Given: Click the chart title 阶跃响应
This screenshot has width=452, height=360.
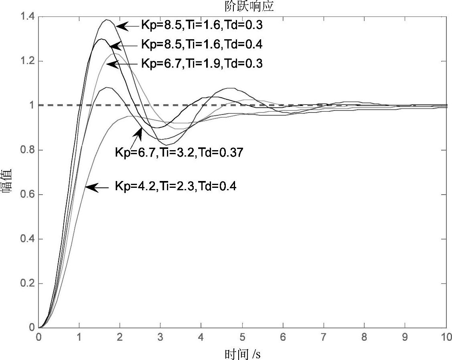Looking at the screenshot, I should [249, 7].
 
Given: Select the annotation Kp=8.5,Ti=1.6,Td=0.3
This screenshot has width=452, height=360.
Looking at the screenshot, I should [201, 25].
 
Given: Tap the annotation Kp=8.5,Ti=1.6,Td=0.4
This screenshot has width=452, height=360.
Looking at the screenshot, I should [201, 44].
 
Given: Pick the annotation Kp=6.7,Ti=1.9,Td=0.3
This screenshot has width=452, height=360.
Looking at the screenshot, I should [201, 63].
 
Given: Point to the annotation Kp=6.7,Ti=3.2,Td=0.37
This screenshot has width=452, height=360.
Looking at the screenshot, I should [179, 152].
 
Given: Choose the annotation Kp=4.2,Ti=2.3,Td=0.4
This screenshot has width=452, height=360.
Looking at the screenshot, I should [175, 186].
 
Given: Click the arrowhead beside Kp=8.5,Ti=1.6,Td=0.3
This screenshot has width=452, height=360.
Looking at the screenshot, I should [120, 26].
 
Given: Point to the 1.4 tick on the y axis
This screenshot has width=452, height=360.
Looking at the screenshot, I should [28, 17].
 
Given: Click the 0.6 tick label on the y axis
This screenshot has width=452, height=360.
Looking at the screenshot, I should [28, 195].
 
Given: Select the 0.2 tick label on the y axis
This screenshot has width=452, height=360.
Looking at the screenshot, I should [28, 284].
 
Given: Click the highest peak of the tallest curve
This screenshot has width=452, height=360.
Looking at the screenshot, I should [107, 20].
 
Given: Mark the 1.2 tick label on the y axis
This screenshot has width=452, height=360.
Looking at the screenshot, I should [28, 61].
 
